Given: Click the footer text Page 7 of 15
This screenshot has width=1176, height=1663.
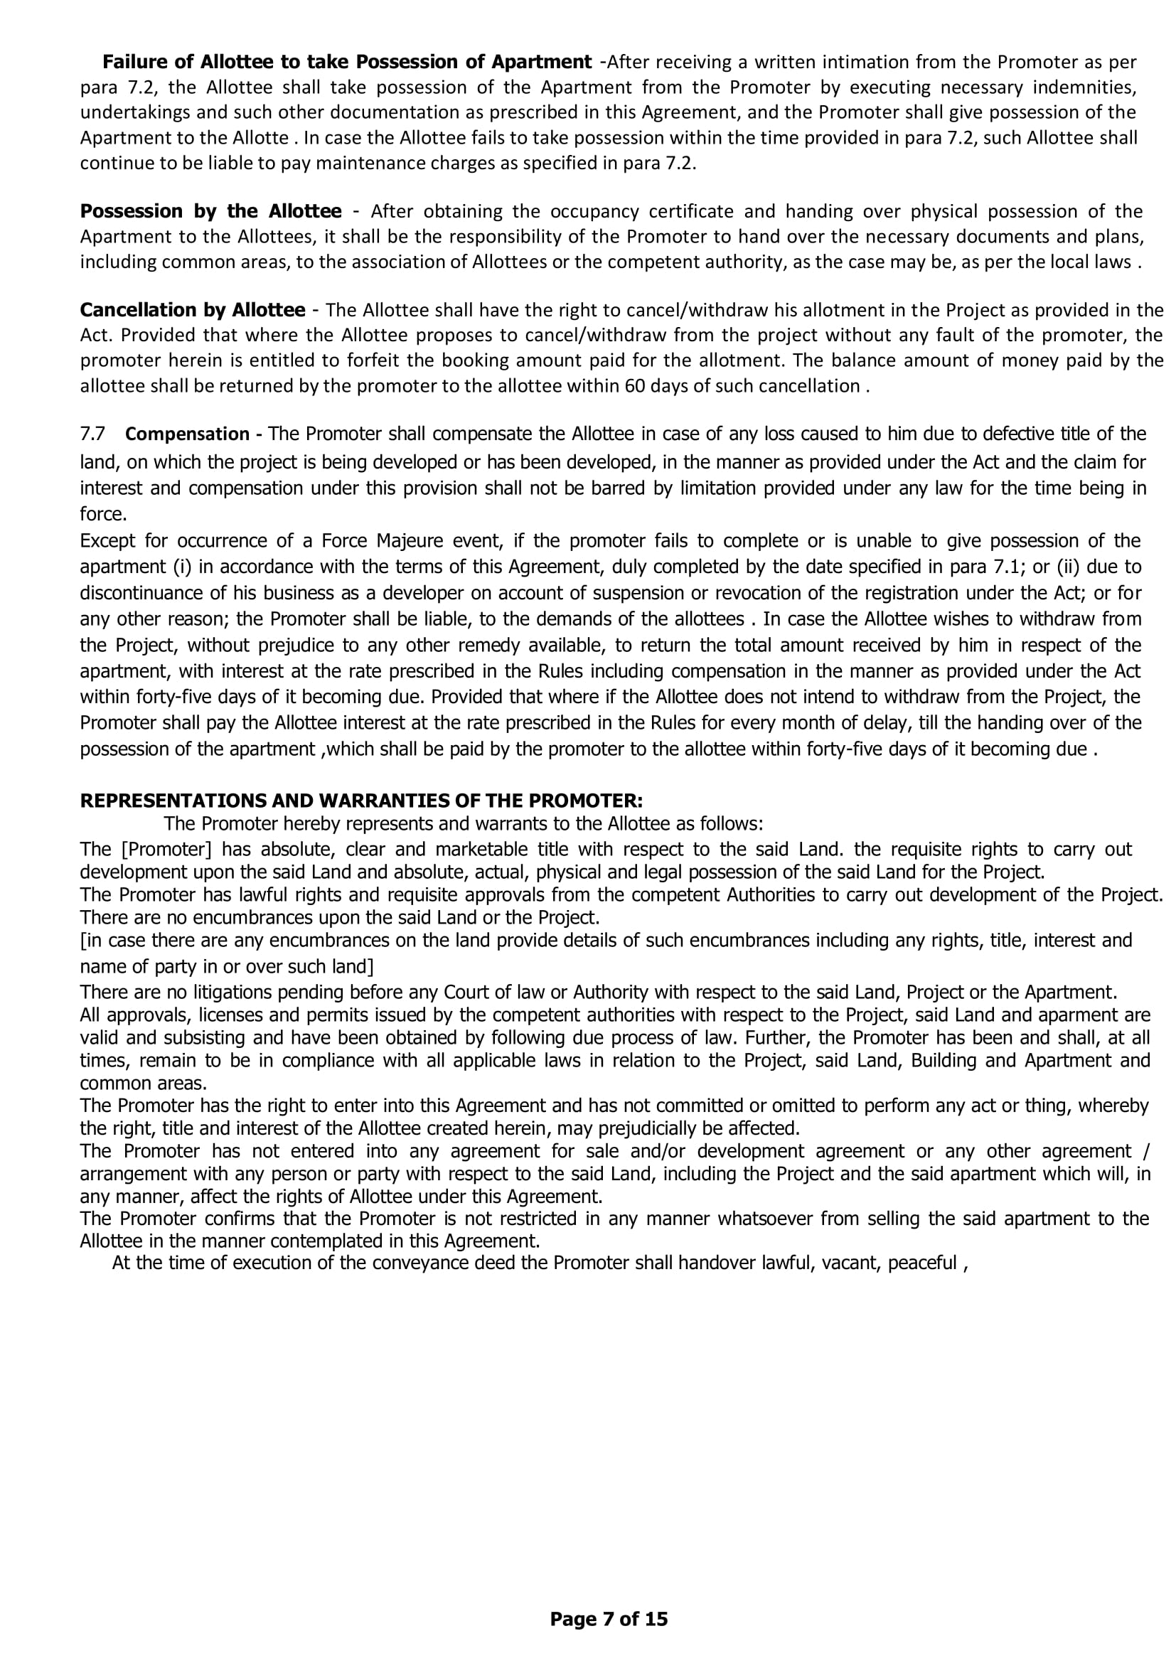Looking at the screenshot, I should point(609,1619).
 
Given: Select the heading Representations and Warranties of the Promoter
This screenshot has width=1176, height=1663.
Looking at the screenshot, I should point(361,801).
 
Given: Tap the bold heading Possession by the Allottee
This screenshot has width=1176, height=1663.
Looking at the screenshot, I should point(210,211).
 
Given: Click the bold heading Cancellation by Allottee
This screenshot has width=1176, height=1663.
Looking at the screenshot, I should point(193,311).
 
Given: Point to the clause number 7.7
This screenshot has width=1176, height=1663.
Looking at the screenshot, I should point(92,434).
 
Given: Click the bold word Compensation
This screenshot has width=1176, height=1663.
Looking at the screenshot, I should point(188,434).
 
